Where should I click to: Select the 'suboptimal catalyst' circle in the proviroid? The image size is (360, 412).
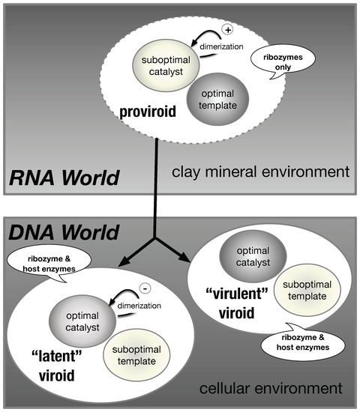[x=162, y=65]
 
